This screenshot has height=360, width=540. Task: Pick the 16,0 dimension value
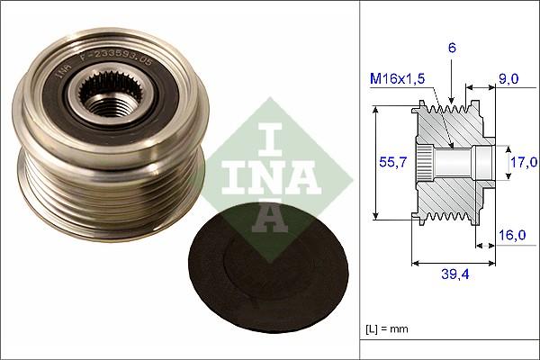[x=511, y=235]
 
